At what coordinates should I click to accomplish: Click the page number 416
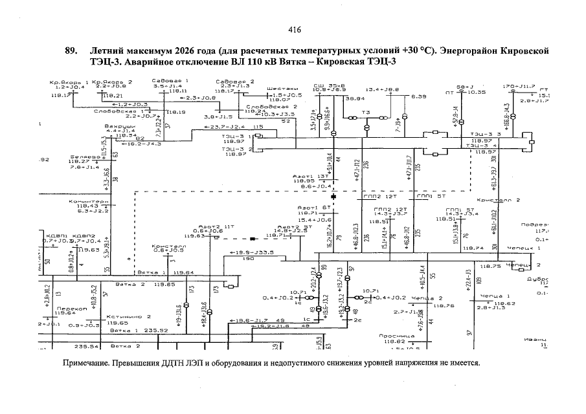(293, 30)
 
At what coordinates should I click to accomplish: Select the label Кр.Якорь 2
(113, 82)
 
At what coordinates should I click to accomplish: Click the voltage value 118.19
(175, 112)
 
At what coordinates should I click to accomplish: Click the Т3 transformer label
(365, 112)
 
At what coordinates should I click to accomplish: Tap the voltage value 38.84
(355, 98)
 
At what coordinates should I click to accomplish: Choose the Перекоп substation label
(67, 309)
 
